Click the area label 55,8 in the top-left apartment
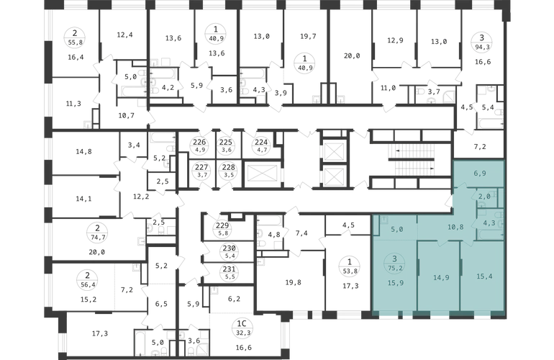click(x=75, y=42)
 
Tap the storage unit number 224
click(x=261, y=142)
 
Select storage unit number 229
click(x=222, y=225)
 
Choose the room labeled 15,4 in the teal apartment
click(x=484, y=276)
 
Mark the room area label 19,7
click(x=308, y=36)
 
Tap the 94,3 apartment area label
click(x=481, y=46)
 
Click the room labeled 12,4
click(x=124, y=35)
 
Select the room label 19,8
click(x=294, y=282)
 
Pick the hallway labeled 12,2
click(x=141, y=197)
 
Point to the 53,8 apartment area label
click(x=350, y=271)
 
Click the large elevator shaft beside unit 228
click(x=261, y=174)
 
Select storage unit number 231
click(x=229, y=269)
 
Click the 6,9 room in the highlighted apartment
click(x=479, y=174)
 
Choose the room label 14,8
click(x=83, y=151)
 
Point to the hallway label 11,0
click(x=388, y=88)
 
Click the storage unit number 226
click(x=199, y=142)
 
